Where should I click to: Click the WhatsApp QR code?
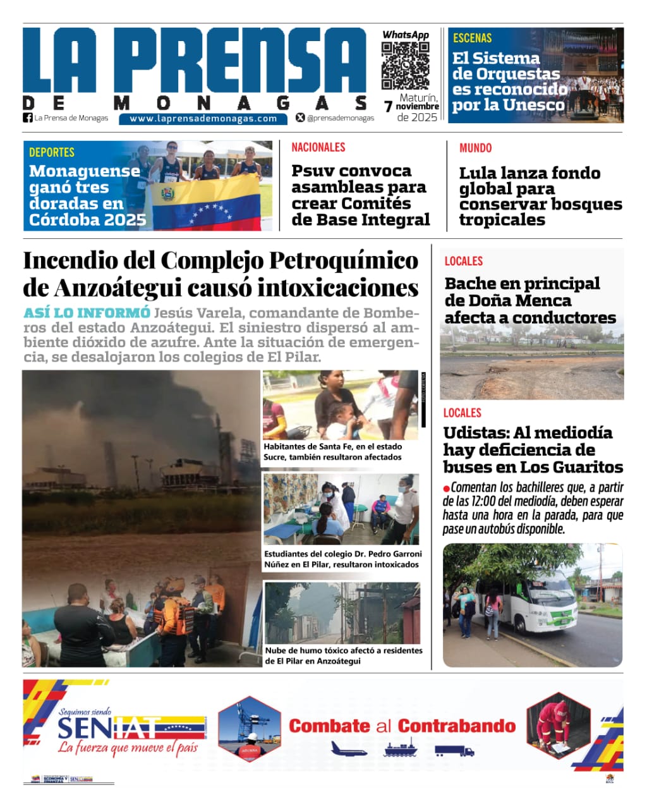(405, 66)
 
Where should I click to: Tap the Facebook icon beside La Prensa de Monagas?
(28, 118)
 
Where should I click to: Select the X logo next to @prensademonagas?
(300, 118)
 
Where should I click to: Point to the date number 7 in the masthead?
(388, 107)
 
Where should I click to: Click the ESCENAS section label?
(472, 38)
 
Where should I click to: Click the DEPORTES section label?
(52, 152)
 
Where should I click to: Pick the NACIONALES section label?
(318, 147)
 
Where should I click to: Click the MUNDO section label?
(475, 148)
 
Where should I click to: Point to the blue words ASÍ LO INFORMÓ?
(87, 313)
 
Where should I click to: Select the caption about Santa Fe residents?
(333, 451)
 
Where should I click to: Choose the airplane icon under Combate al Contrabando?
(349, 750)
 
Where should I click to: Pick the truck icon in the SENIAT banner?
(454, 751)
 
